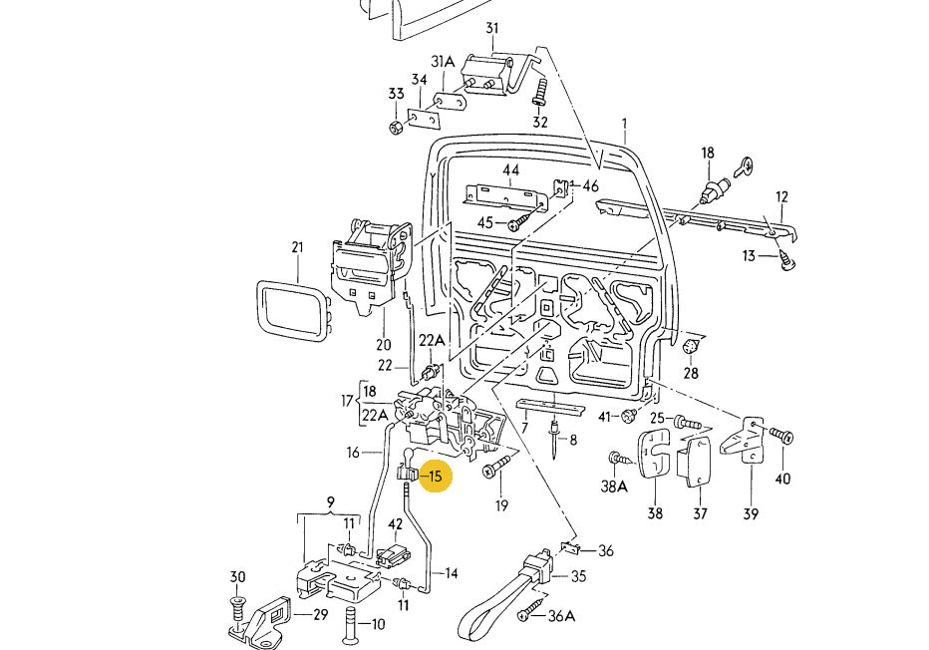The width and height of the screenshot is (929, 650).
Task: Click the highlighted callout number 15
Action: pyautogui.click(x=436, y=477)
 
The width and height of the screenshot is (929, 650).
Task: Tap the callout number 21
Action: pyautogui.click(x=297, y=247)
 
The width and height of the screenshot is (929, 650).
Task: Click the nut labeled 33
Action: pyautogui.click(x=396, y=127)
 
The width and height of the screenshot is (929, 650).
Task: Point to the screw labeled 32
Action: pyautogui.click(x=539, y=97)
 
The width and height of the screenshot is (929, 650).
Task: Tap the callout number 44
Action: pyautogui.click(x=511, y=170)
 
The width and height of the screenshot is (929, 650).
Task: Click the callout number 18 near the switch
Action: pyautogui.click(x=708, y=153)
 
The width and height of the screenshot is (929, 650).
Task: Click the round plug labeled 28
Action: pyautogui.click(x=688, y=346)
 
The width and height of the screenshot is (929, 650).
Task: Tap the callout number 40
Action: pyautogui.click(x=782, y=479)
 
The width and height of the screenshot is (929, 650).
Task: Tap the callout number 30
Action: pyautogui.click(x=237, y=577)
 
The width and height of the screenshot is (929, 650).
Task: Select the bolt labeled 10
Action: pyautogui.click(x=350, y=623)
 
